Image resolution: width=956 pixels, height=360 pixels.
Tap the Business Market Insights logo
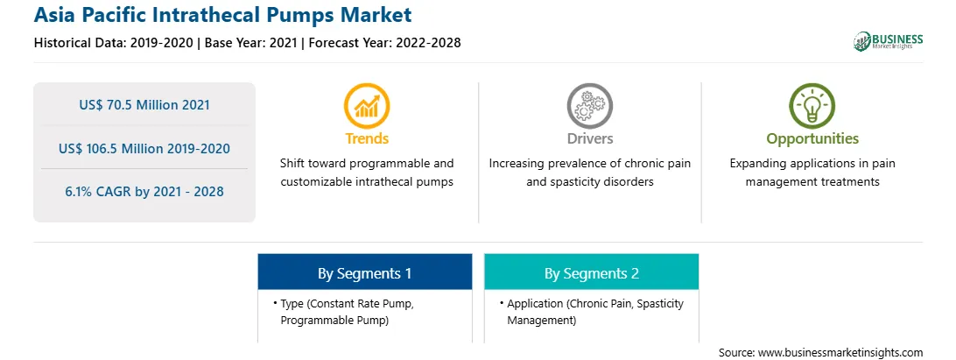tap(889, 41)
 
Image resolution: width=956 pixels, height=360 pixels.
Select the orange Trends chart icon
tap(367, 105)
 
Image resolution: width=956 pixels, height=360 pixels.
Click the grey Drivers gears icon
tap(589, 105)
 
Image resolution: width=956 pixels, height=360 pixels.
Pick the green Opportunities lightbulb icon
tap(812, 105)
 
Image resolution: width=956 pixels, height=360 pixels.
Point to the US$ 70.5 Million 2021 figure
tap(144, 105)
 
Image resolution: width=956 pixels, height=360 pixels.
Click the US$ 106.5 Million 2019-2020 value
tap(144, 148)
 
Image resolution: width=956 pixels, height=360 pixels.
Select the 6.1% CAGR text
tap(144, 192)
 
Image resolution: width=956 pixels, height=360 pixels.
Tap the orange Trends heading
tap(367, 138)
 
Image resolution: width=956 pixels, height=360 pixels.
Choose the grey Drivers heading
tap(590, 138)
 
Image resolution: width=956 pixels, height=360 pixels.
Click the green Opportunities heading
tap(812, 139)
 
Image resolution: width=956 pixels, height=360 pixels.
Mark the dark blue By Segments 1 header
tap(364, 272)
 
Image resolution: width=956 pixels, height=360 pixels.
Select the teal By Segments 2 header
tap(592, 272)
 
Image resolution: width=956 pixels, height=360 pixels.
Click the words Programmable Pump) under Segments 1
tap(334, 321)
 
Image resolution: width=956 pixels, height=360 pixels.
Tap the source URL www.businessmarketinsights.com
tap(840, 353)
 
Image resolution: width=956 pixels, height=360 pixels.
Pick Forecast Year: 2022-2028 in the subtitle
tap(383, 43)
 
